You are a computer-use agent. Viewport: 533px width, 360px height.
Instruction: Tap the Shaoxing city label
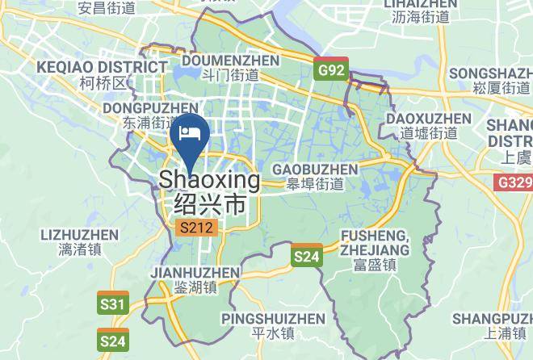coord(210,179)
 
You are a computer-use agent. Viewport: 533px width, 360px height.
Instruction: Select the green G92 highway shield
coord(330,70)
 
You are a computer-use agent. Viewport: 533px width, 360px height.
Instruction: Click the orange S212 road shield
coord(195,228)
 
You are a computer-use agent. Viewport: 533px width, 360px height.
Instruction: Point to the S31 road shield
coord(113,304)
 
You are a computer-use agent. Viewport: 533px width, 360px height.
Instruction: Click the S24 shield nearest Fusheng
coord(306,256)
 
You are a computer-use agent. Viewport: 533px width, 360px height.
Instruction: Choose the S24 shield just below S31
coord(113,341)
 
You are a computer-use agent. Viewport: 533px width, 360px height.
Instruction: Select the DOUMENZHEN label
coord(231,61)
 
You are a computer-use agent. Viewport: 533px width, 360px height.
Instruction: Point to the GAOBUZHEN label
coord(315,170)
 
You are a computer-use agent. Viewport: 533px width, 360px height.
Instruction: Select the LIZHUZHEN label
coord(78,235)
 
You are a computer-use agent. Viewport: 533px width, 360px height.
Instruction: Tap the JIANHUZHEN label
coord(195,273)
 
